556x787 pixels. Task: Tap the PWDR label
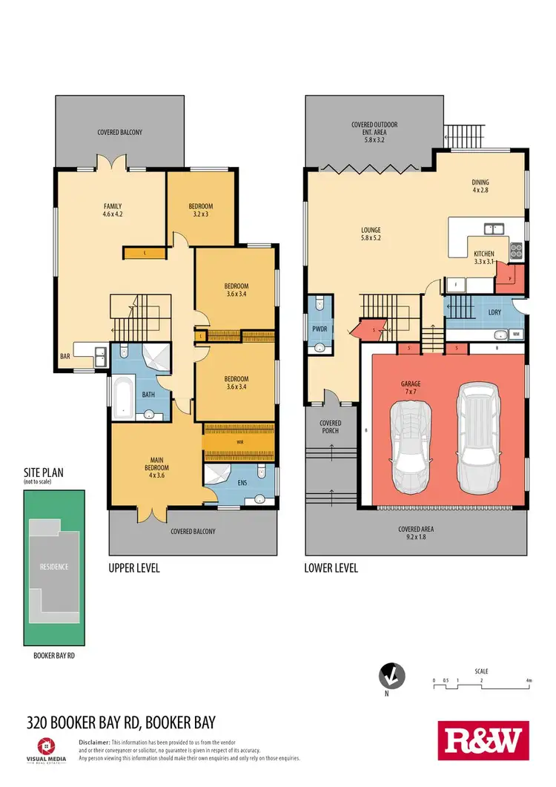point(320,326)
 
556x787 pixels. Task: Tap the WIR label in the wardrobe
point(239,441)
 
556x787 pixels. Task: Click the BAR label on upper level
point(65,355)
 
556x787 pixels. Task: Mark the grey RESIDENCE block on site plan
point(53,567)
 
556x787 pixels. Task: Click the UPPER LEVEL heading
point(134,568)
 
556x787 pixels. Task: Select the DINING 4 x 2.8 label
point(481,186)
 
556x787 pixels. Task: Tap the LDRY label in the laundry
point(494,312)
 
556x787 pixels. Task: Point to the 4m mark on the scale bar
point(528,680)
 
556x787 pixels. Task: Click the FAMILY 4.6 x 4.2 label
point(112,210)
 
